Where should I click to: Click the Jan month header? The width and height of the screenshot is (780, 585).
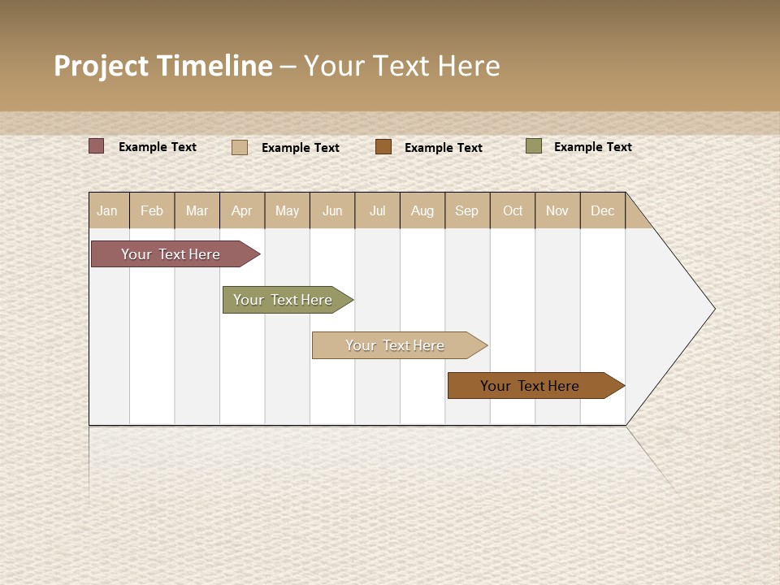(x=108, y=210)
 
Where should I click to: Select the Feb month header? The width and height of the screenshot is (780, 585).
(x=152, y=210)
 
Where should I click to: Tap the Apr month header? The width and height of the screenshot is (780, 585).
(x=242, y=210)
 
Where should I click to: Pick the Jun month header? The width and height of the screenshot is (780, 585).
(x=332, y=210)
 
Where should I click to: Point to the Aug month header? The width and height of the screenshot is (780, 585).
(x=422, y=210)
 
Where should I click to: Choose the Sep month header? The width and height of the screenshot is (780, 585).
(x=467, y=210)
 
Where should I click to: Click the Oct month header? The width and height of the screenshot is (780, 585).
(x=513, y=210)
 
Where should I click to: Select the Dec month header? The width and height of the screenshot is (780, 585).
(x=603, y=210)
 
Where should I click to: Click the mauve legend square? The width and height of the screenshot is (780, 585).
(x=97, y=146)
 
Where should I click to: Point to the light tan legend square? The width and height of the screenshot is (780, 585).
(x=240, y=147)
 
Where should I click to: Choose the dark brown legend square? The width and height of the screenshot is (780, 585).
(x=383, y=146)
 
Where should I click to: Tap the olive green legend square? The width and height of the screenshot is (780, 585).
(x=534, y=146)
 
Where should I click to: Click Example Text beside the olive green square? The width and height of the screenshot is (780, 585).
(x=592, y=147)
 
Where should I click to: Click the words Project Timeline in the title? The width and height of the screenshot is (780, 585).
(x=163, y=66)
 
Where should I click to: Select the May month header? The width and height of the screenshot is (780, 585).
(x=287, y=210)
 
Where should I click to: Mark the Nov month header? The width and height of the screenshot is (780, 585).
(x=557, y=210)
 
